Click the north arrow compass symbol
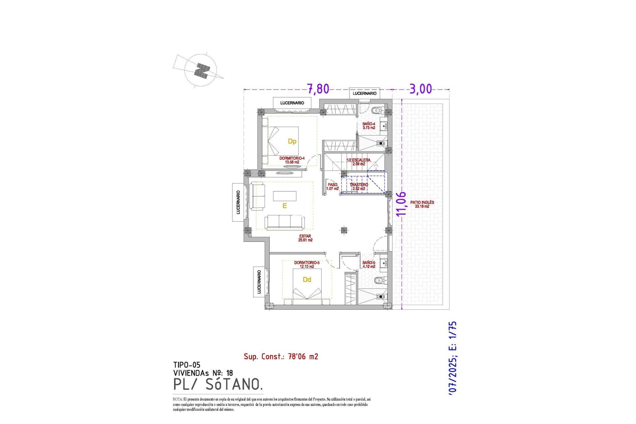[x=201, y=70]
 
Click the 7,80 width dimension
[x=318, y=89]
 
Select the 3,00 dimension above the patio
[x=421, y=89]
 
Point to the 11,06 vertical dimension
[x=401, y=204]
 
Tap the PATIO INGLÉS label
[x=422, y=204]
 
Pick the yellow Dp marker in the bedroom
[x=292, y=141]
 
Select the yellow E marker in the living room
[x=284, y=206]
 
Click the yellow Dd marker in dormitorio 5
[x=307, y=280]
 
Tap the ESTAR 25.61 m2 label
[x=305, y=238]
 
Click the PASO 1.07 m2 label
[x=332, y=186]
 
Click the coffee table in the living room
[x=285, y=196]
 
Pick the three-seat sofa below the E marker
[x=285, y=222]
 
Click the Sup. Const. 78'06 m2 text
[x=281, y=356]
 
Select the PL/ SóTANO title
[x=218, y=384]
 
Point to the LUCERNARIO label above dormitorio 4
[x=292, y=103]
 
